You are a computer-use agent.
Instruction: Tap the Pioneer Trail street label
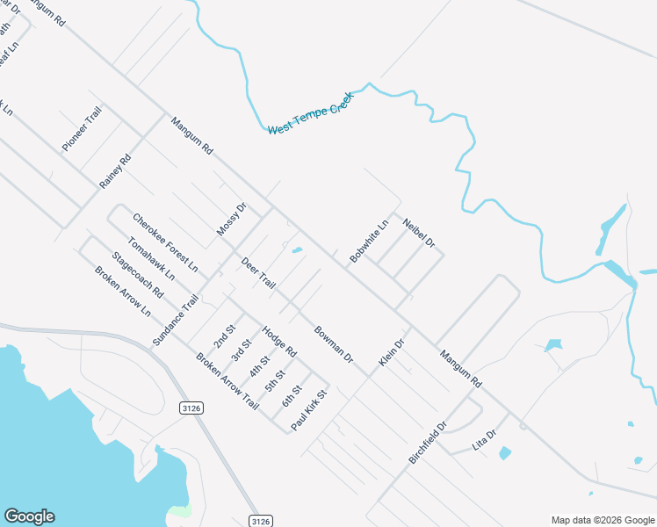point(82,130)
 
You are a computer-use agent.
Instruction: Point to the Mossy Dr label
point(231,220)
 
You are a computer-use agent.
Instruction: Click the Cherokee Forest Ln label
point(165,242)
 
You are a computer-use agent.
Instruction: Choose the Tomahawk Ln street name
point(151,258)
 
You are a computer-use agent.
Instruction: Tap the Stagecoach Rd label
point(137,274)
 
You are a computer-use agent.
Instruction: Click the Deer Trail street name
point(258,273)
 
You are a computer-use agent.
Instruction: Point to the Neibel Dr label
point(419,232)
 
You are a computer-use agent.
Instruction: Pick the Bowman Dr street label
point(334,345)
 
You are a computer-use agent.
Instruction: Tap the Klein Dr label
point(391,353)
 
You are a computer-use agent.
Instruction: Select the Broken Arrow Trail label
point(227,382)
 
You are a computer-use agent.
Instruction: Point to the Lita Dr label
point(485,440)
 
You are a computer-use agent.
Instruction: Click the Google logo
point(29,516)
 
